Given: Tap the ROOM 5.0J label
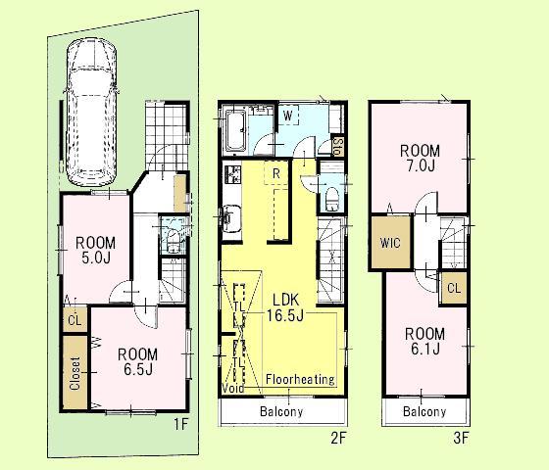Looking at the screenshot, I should (x=97, y=251).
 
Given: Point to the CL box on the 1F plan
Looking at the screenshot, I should (x=75, y=319).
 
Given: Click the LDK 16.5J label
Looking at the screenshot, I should (x=283, y=305).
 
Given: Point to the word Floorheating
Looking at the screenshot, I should (x=300, y=379).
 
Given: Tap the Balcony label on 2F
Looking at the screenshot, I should (x=281, y=412).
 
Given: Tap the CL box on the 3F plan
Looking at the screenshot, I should (x=453, y=288).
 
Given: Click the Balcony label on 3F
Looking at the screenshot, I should (x=424, y=412).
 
